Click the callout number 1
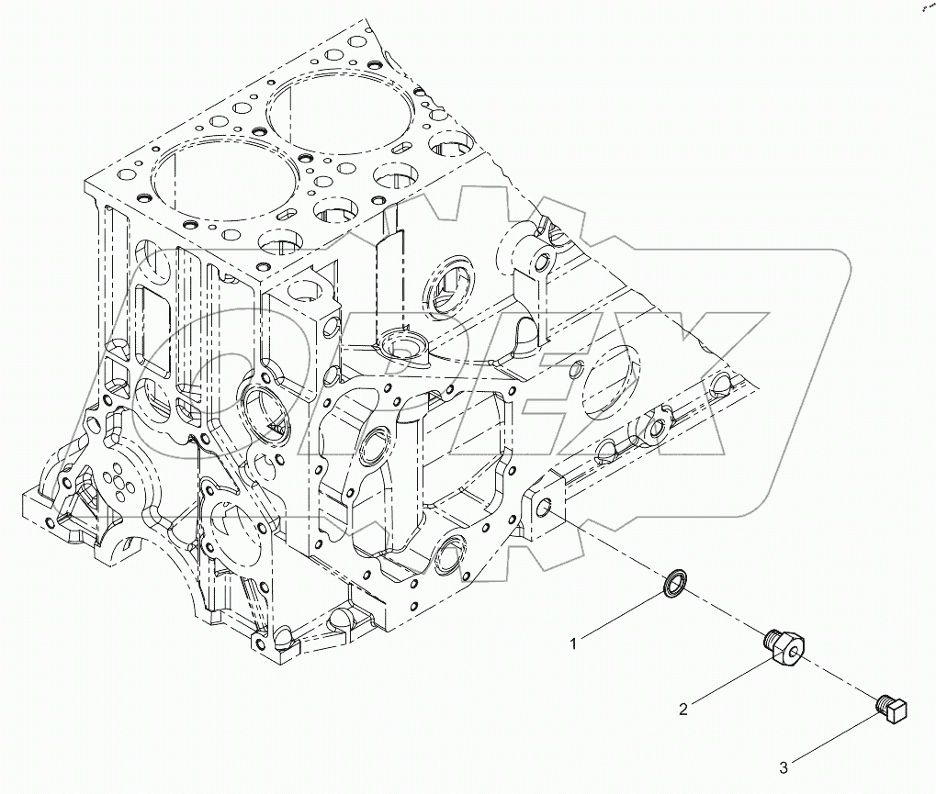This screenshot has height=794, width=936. [574, 644]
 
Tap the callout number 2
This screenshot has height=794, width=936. [683, 709]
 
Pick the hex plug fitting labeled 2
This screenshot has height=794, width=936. [784, 648]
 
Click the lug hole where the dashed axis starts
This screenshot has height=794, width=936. [546, 507]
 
